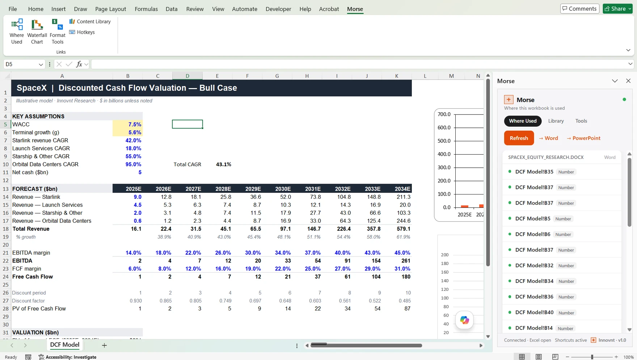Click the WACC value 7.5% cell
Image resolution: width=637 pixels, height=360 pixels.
(128, 124)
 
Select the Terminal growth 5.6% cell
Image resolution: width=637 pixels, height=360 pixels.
(128, 132)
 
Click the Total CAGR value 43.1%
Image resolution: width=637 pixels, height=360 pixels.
(224, 164)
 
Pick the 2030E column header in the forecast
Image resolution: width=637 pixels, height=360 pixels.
(283, 189)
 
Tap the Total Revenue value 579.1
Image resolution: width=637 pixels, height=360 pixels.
(403, 229)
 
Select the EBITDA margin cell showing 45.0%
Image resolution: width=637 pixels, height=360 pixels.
(402, 253)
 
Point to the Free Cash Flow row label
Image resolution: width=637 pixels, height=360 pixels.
(33, 277)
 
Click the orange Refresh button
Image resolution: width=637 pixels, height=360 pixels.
(519, 138)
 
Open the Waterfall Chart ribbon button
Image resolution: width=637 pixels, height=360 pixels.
(37, 32)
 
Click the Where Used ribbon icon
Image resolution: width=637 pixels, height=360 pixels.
(17, 32)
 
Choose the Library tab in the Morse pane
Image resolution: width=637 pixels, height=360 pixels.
(556, 121)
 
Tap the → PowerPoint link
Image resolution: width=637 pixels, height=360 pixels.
(583, 138)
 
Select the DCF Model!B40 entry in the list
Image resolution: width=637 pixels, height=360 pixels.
(534, 312)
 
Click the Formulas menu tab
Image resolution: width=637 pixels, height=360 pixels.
(146, 9)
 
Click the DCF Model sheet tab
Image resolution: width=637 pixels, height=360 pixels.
(65, 345)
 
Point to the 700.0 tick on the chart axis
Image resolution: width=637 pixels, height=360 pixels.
(444, 114)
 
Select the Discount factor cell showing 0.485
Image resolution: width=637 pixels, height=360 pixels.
(405, 301)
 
